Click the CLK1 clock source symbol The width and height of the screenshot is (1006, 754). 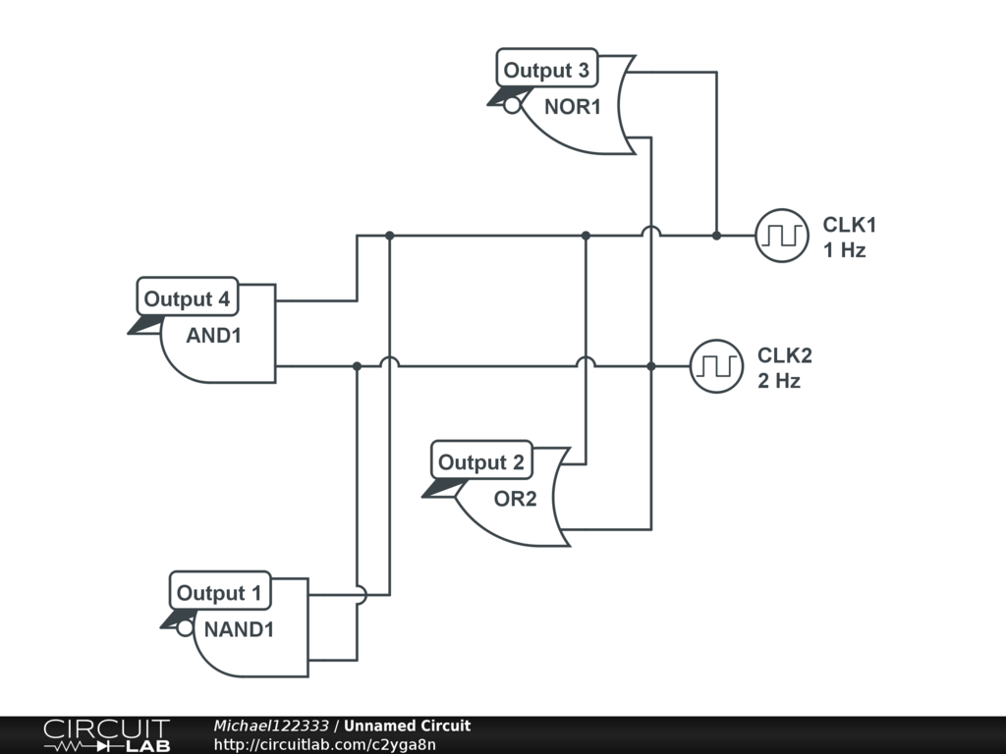(782, 236)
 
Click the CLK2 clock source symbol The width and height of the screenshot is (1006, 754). (716, 366)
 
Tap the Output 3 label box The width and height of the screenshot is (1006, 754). (546, 71)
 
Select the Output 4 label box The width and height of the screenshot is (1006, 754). (187, 299)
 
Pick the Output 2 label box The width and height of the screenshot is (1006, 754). (481, 462)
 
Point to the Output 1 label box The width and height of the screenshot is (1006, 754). (219, 593)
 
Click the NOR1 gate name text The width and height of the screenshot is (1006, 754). (572, 107)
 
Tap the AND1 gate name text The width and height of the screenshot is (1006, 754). (214, 336)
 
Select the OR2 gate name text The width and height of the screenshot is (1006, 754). (515, 499)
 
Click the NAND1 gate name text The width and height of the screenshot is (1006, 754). (239, 629)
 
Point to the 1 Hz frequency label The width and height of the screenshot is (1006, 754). (844, 250)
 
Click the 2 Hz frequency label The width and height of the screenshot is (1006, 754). (778, 381)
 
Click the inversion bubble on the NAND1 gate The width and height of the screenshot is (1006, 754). (185, 627)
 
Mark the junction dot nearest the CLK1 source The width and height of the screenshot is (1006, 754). (716, 236)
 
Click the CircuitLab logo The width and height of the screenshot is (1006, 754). (105, 735)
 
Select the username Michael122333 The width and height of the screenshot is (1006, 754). (271, 727)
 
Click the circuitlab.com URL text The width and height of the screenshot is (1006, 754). (324, 744)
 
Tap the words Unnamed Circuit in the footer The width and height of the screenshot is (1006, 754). (407, 727)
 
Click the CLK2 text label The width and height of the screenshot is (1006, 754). (784, 355)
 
